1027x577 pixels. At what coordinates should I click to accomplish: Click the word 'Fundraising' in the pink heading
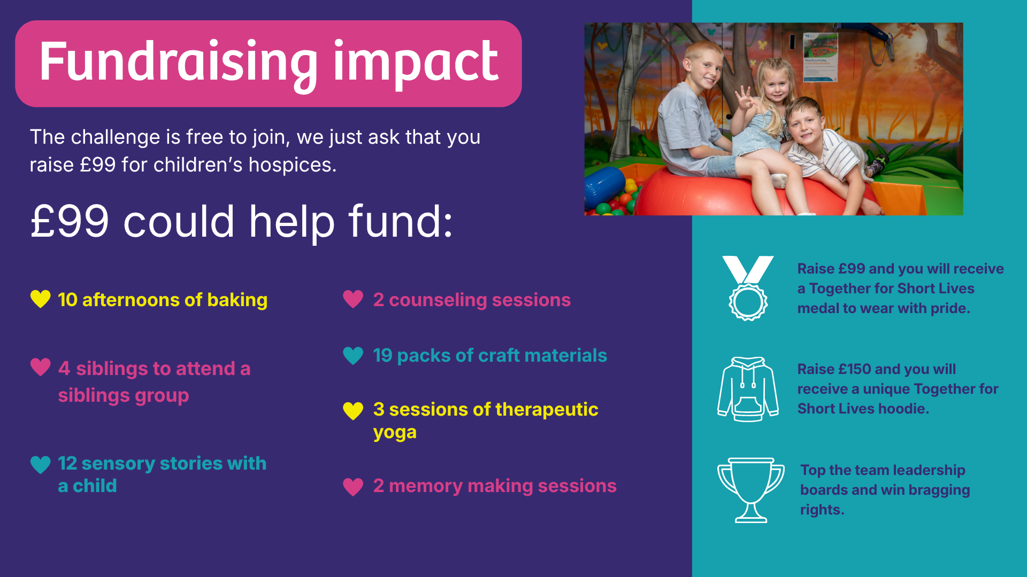[x=179, y=64]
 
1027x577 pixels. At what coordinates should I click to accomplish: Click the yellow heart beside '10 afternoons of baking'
[x=41, y=299]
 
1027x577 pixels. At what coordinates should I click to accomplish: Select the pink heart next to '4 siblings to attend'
[x=41, y=367]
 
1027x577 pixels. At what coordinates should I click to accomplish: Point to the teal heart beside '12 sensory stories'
[x=41, y=465]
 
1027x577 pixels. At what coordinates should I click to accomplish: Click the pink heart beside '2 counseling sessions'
[x=353, y=299]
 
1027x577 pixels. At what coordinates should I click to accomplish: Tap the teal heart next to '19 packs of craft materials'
[x=353, y=355]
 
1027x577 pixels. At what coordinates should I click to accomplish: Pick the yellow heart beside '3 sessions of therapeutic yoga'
[x=353, y=411]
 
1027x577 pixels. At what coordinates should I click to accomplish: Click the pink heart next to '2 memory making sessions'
[x=353, y=487]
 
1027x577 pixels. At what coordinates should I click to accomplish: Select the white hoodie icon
[x=748, y=389]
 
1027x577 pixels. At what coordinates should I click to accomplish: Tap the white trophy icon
[x=751, y=490]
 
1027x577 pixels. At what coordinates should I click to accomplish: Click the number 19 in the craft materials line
[x=382, y=355]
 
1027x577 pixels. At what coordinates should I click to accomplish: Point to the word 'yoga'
[x=395, y=433]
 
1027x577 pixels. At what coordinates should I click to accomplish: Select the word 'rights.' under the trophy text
[x=822, y=510]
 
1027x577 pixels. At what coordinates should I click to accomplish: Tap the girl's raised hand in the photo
[x=744, y=100]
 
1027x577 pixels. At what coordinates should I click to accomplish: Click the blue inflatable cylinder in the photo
[x=604, y=187]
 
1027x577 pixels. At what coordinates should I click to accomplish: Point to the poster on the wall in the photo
[x=820, y=57]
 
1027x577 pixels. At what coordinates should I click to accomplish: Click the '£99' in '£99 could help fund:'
[x=70, y=221]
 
